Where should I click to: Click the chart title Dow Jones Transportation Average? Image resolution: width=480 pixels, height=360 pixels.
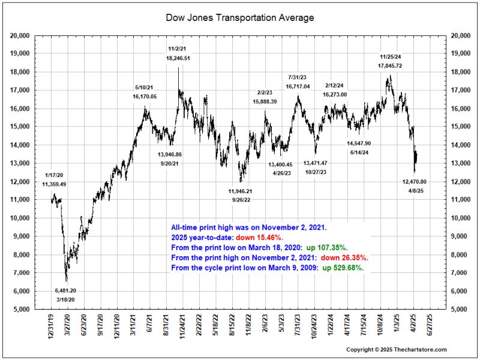click(239, 18)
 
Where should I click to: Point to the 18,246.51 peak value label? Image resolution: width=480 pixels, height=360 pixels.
click(178, 58)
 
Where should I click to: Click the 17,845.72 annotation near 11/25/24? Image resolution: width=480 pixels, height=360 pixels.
click(390, 65)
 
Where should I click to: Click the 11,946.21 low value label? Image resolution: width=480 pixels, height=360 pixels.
click(241, 191)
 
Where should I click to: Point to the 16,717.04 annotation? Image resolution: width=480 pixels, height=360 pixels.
click(298, 86)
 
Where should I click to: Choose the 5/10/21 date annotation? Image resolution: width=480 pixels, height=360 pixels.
click(145, 88)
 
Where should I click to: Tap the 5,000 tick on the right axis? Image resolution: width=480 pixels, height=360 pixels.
click(458, 310)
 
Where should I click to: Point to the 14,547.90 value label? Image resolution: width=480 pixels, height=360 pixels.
click(359, 144)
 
